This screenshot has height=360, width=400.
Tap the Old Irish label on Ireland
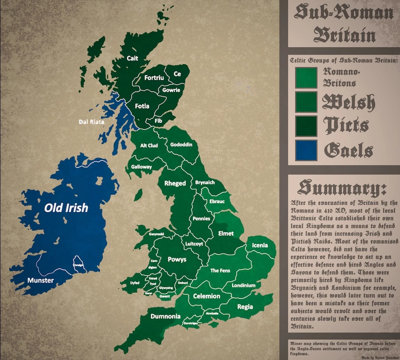pyautogui.click(x=66, y=208)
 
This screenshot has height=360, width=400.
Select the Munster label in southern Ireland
pyautogui.click(x=41, y=280)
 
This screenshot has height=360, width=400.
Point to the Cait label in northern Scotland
pyautogui.click(x=132, y=58)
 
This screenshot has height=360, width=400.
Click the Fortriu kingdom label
pyautogui.click(x=154, y=78)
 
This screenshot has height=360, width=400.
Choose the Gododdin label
pyautogui.click(x=181, y=145)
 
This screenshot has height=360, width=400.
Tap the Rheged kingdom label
pyautogui.click(x=175, y=183)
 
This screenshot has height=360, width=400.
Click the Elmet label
pyautogui.click(x=226, y=233)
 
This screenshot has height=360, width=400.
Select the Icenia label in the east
pyautogui.click(x=260, y=245)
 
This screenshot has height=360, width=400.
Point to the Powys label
pyautogui.click(x=177, y=260)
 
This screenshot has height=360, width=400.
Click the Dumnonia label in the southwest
pyautogui.click(x=165, y=316)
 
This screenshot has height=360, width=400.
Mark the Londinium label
pyautogui.click(x=243, y=285)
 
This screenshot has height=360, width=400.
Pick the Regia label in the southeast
pyautogui.click(x=245, y=307)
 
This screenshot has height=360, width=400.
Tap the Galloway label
pyautogui.click(x=141, y=167)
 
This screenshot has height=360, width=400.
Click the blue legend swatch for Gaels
pyautogui.click(x=306, y=150)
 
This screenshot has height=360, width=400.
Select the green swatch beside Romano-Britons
pyautogui.click(x=306, y=77)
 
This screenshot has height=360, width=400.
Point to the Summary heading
pyautogui.click(x=342, y=188)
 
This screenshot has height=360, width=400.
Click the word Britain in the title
pyautogui.click(x=344, y=35)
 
